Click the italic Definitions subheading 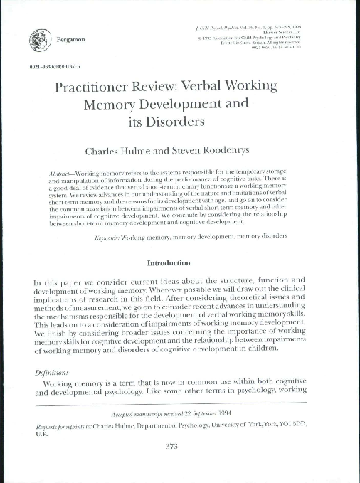(x=53, y=371)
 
